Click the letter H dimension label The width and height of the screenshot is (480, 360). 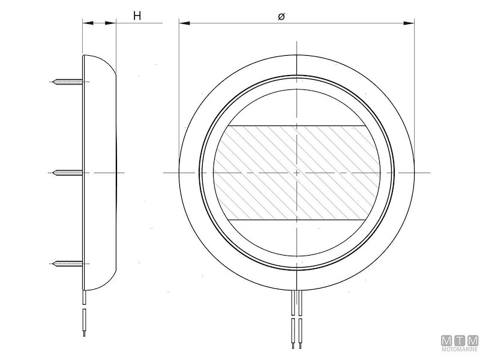(137, 16)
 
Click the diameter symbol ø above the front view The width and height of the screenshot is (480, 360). (281, 16)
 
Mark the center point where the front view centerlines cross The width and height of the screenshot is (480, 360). (297, 173)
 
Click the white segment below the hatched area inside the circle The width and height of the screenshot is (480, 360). (297, 240)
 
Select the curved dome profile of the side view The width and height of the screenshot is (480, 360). (109, 173)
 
